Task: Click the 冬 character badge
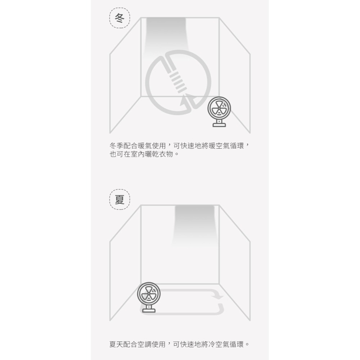pos(120,18)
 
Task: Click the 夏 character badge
pos(120,199)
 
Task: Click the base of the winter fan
pos(219,124)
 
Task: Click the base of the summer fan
pos(149,309)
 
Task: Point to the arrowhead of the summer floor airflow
pos(218,296)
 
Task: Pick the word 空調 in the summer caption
pos(144,344)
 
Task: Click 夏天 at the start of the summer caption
pos(116,344)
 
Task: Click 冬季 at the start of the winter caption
pos(117,145)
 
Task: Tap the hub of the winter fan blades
pos(219,108)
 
